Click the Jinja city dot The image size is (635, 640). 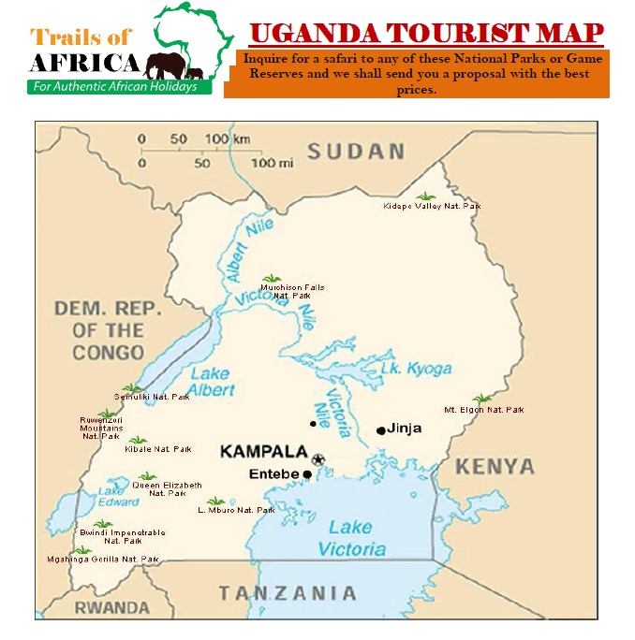[380, 430]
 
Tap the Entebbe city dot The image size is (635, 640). [307, 474]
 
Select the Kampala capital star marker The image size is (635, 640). [318, 458]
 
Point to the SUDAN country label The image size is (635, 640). [357, 152]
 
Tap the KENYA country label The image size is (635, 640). [495, 466]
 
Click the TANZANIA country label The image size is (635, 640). [288, 593]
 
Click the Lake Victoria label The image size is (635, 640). [350, 538]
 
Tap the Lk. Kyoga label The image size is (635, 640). [416, 369]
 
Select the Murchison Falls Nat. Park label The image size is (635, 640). [292, 291]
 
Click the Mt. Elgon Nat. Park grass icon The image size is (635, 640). [481, 400]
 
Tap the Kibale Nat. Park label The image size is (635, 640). [158, 449]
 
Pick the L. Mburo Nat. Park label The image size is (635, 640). [237, 510]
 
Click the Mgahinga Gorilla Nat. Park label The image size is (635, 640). [103, 560]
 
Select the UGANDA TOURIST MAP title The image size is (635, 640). [426, 33]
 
